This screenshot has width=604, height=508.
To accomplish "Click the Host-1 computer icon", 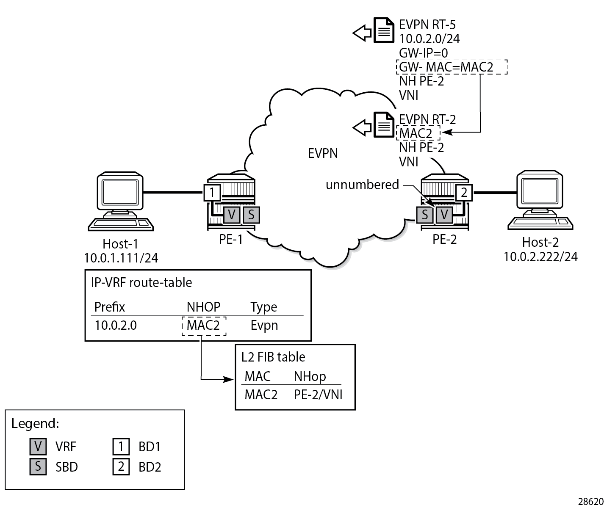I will [x=121, y=201].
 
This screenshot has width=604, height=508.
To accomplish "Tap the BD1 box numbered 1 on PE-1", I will [x=212, y=193].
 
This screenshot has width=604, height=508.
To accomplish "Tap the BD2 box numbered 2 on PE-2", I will [x=464, y=193].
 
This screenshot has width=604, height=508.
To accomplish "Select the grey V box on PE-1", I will [x=232, y=215].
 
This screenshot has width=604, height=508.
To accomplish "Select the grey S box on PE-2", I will [x=425, y=215].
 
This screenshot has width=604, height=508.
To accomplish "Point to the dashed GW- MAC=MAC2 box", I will [x=452, y=67].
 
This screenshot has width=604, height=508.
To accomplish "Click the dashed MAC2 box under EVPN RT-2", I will [x=418, y=133].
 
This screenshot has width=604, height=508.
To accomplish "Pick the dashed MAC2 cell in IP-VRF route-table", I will [x=204, y=326].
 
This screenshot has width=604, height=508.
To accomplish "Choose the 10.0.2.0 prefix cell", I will [x=116, y=326].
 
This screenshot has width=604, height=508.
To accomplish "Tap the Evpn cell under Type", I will [x=264, y=326].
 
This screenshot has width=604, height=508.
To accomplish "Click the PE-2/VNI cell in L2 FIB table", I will [x=318, y=395].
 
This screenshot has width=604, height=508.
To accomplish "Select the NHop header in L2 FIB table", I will [x=310, y=376].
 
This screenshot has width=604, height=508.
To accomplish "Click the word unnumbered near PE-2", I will [x=362, y=185].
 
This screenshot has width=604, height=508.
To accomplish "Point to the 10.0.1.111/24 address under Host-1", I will [x=121, y=258].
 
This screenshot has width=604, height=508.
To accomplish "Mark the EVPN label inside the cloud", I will [x=323, y=153].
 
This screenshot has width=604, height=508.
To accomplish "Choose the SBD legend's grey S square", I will [x=38, y=467].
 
